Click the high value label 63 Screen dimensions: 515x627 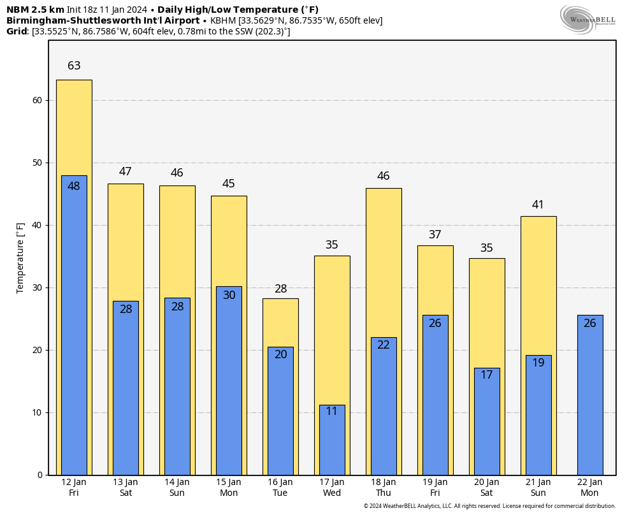pyautogui.click(x=74, y=66)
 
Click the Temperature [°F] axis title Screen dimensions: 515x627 pyautogui.click(x=20, y=257)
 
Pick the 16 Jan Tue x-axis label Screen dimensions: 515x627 pyautogui.click(x=280, y=488)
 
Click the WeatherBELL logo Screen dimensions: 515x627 pyautogui.click(x=587, y=19)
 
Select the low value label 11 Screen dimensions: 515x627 pyautogui.click(x=332, y=412)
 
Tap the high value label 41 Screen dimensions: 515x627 pyautogui.click(x=538, y=205)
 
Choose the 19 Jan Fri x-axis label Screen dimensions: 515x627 pyautogui.click(x=435, y=488)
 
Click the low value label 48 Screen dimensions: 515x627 pyautogui.click(x=74, y=186)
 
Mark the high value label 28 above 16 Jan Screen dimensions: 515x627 pyautogui.click(x=280, y=289)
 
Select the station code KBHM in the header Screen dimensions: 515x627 pyautogui.click(x=224, y=20)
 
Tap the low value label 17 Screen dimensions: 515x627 pyautogui.click(x=487, y=375)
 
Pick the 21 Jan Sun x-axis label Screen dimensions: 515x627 pyautogui.click(x=538, y=488)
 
